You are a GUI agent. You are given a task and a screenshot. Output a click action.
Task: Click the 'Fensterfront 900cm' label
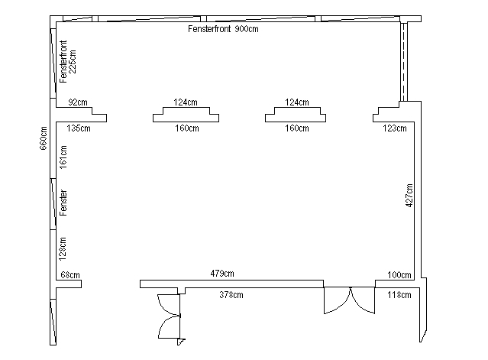(223, 29)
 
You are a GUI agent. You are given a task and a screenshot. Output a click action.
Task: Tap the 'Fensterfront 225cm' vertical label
(67, 61)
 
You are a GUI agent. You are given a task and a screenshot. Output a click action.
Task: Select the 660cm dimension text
(44, 138)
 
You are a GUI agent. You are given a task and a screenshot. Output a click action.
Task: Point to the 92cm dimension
(78, 102)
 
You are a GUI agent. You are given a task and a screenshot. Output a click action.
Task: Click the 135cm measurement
(79, 128)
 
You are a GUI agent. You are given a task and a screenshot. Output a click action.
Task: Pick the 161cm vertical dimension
(63, 157)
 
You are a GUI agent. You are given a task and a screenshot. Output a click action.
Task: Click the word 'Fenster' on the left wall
(63, 203)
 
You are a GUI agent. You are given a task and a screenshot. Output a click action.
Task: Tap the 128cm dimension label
(63, 248)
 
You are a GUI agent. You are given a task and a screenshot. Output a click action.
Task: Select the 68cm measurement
(70, 275)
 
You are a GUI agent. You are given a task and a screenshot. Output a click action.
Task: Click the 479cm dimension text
(222, 274)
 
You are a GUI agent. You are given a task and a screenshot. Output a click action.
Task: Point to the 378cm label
(231, 294)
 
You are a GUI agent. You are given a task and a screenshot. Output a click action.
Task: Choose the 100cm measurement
(399, 275)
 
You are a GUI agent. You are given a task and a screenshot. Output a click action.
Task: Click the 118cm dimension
(399, 294)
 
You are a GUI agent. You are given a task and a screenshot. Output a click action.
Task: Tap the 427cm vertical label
(409, 195)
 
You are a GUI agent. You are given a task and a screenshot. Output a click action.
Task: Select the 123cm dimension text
(395, 128)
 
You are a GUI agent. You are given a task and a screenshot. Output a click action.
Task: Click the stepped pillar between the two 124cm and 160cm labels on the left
(186, 115)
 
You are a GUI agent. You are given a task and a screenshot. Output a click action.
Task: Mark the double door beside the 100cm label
(350, 300)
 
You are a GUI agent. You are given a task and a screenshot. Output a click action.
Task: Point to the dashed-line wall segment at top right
(403, 62)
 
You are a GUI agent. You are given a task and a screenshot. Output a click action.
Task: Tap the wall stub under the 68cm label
(69, 284)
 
